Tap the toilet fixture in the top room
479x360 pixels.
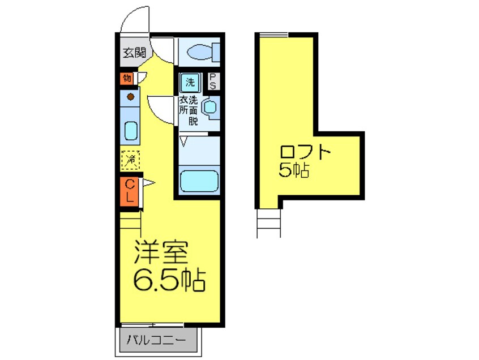tap(199, 53)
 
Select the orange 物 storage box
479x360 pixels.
tap(127, 78)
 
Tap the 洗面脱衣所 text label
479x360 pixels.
tap(189, 111)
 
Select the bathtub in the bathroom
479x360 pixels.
tap(199, 181)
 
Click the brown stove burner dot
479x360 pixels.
tap(131, 97)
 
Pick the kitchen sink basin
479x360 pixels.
tap(131, 131)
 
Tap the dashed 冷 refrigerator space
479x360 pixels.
tap(131, 160)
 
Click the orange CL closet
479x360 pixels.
tap(130, 191)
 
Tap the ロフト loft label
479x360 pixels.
tap(304, 153)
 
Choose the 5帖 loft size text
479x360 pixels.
tap(294, 170)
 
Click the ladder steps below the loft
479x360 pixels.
tap(268, 221)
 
